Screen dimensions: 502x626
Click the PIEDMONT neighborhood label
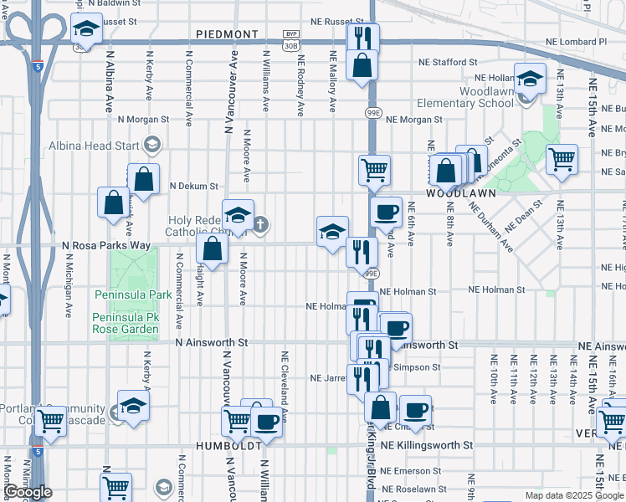[227, 34]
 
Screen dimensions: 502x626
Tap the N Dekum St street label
[193, 186]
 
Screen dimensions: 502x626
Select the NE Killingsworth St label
[426, 445]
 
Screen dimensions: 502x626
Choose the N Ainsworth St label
[213, 343]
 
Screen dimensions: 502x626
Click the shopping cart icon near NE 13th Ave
[562, 158]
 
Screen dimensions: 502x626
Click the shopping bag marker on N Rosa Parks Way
[213, 248]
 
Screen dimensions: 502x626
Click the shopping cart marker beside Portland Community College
[51, 421]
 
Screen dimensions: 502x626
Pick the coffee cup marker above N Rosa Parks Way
[387, 213]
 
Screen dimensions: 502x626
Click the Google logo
[28, 492]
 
